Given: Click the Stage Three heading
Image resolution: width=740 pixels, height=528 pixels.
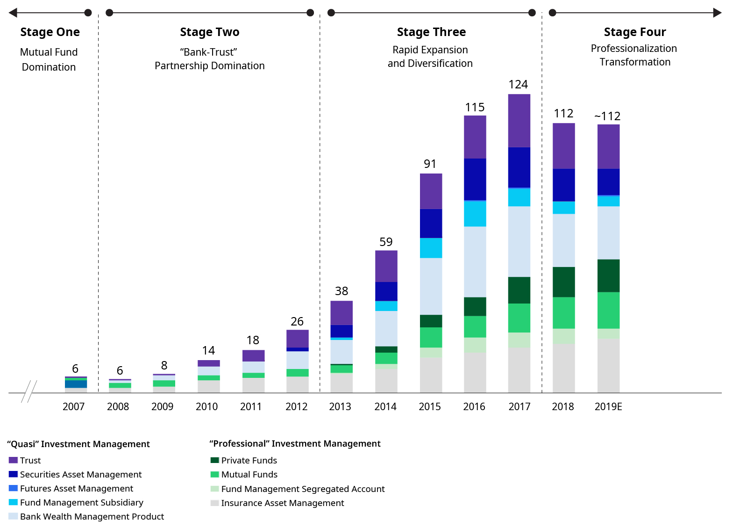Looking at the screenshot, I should pyautogui.click(x=431, y=32).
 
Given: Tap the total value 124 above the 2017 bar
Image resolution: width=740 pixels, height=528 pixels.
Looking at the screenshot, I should pyautogui.click(x=518, y=85).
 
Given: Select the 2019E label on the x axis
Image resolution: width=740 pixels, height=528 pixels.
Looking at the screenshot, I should pyautogui.click(x=608, y=407).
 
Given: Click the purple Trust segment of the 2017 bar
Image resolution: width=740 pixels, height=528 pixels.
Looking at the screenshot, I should pyautogui.click(x=519, y=121).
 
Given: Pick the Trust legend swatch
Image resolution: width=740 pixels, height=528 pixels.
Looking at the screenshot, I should pyautogui.click(x=13, y=460).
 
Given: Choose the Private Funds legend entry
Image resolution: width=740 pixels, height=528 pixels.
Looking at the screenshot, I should pyautogui.click(x=249, y=461).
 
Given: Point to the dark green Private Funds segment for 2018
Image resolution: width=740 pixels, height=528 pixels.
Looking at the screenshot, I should pyautogui.click(x=563, y=282).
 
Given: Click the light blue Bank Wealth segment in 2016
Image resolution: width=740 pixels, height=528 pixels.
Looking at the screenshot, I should pyautogui.click(x=475, y=261).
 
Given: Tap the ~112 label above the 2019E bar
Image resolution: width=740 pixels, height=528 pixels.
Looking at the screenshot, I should pyautogui.click(x=607, y=116).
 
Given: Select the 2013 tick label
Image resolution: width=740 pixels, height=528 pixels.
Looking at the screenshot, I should pyautogui.click(x=340, y=407).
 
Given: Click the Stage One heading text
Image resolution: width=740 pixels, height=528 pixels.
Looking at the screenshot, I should pyautogui.click(x=50, y=32).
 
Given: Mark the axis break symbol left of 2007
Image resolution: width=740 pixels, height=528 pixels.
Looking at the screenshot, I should pyautogui.click(x=29, y=391).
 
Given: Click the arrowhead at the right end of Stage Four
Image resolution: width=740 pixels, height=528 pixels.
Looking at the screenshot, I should pyautogui.click(x=717, y=13).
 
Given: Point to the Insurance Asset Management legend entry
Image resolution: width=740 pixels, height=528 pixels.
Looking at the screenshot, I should pyautogui.click(x=282, y=503).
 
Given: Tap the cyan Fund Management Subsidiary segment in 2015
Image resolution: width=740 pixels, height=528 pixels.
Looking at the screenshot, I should pyautogui.click(x=431, y=248).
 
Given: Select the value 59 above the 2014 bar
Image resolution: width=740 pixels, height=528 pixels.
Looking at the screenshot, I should pyautogui.click(x=386, y=242).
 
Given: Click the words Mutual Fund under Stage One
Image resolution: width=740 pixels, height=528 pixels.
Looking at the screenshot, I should pyautogui.click(x=49, y=52).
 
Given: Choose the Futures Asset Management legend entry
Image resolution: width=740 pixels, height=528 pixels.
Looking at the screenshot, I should pyautogui.click(x=76, y=489).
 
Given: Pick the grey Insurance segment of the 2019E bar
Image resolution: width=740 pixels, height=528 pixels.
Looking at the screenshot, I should pyautogui.click(x=608, y=365).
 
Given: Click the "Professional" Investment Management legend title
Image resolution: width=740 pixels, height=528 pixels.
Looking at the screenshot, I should pyautogui.click(x=295, y=444).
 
